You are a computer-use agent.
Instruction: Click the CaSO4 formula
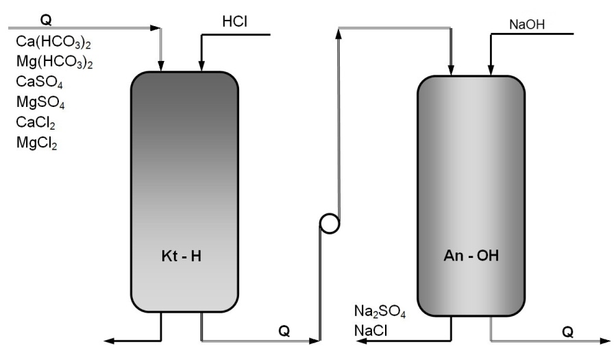(x=40, y=84)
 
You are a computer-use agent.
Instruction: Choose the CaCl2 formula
(x=35, y=123)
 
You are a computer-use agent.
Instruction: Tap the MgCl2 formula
(x=36, y=143)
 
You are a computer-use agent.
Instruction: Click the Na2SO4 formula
(x=380, y=313)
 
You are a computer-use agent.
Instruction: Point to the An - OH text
(x=471, y=258)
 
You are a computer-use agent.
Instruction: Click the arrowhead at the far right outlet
(x=606, y=339)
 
